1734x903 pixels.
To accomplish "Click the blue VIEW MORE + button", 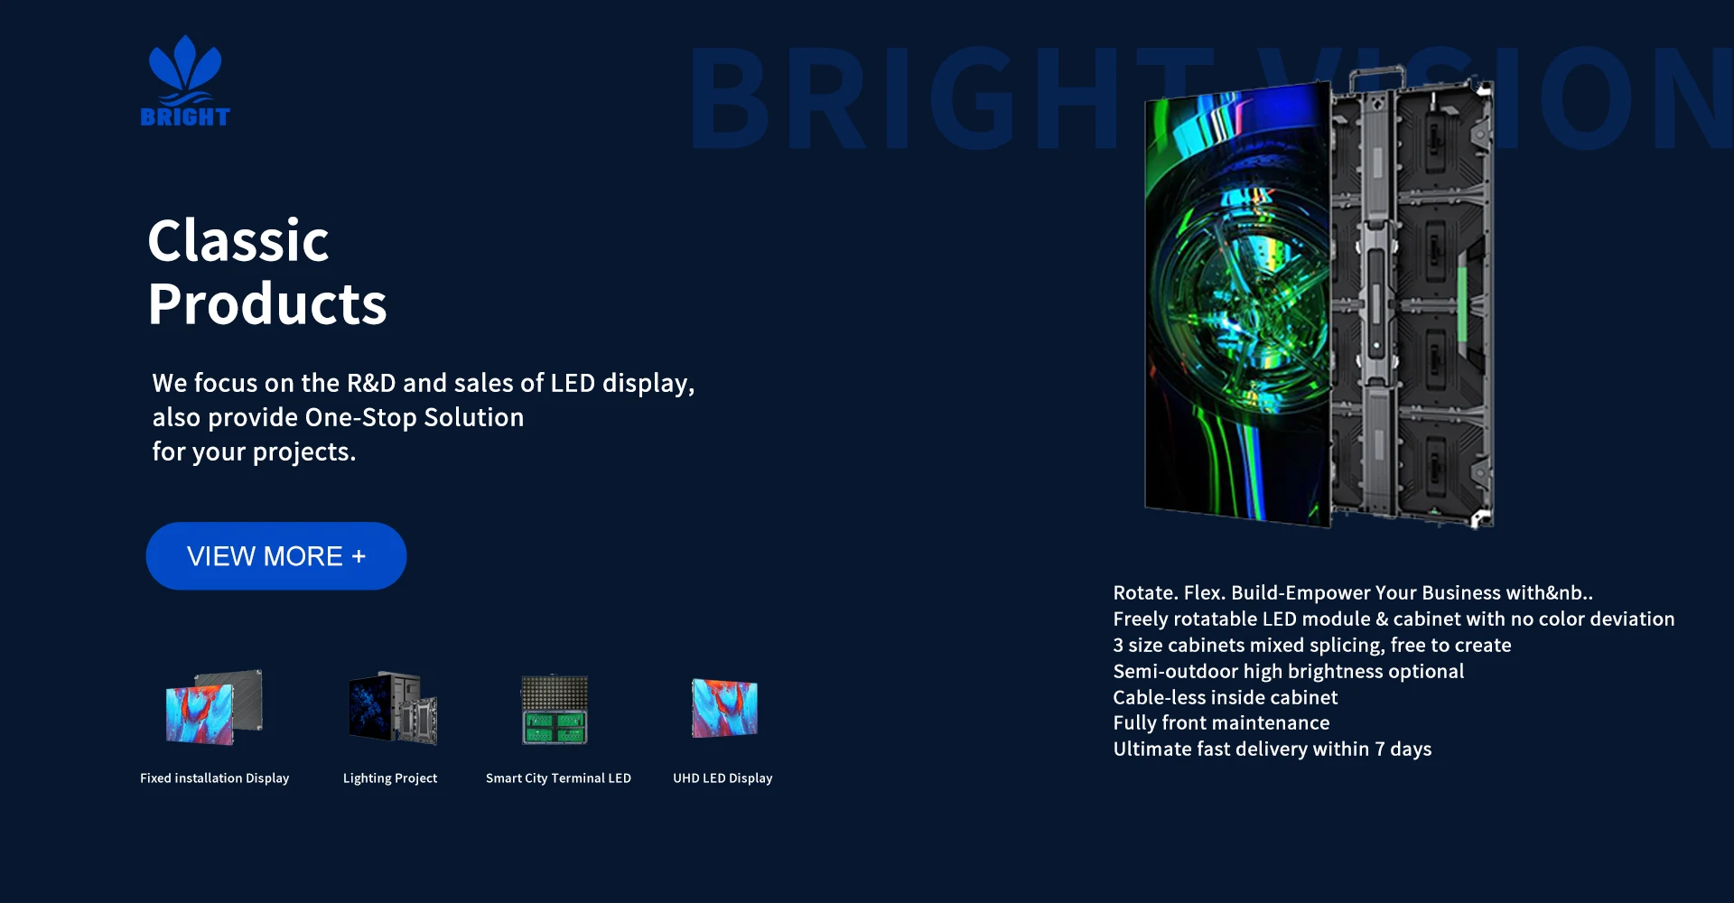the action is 276,556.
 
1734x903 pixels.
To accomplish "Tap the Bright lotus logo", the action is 185,80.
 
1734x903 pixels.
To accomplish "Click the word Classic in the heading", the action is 238,241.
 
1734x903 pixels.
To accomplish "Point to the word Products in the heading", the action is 267,304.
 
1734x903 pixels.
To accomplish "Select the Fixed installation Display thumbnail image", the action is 214,707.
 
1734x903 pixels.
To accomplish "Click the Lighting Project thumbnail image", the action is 393,707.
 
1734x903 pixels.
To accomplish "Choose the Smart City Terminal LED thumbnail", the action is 555,710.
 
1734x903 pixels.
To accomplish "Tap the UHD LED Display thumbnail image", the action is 724,708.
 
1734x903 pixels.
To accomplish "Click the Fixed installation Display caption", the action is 215,778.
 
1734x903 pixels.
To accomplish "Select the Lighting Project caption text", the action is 390,778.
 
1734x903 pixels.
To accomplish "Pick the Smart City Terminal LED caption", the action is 558,778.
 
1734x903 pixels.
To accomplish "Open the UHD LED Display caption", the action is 722,778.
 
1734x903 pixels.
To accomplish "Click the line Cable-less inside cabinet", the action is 1226,697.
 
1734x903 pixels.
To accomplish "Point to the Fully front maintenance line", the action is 1221,723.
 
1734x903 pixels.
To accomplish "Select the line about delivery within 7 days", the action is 1273,749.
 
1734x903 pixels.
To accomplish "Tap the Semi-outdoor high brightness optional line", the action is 1289,672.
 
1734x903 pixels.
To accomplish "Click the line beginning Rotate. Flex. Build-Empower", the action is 1353,593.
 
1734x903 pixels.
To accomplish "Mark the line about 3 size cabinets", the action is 1312,646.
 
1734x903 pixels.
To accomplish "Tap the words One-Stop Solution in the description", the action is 415,417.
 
